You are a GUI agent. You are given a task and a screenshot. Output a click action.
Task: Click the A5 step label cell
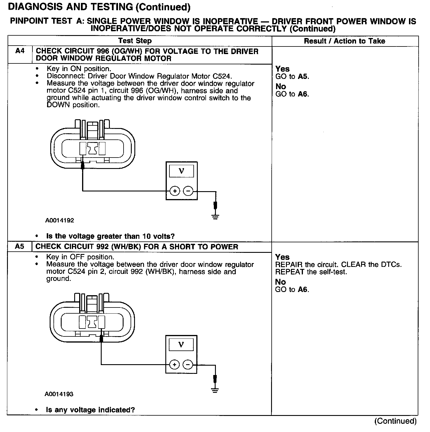pos(20,246)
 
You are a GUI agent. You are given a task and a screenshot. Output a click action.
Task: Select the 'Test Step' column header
pos(135,41)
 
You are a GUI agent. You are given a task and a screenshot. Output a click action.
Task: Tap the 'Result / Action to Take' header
pos(344,41)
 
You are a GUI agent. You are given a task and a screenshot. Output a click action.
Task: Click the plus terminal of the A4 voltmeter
pos(175,191)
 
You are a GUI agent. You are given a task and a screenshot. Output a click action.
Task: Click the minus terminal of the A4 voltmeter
pos(188,191)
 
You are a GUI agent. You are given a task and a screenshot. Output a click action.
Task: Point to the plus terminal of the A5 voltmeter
pos(174,365)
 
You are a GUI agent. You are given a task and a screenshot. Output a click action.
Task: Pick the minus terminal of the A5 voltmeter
pos(188,365)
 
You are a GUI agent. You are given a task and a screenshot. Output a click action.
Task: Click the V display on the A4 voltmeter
pos(181,171)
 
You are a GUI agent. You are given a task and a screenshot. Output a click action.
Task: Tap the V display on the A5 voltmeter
pos(181,345)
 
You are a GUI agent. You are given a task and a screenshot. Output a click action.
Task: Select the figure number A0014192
pos(60,220)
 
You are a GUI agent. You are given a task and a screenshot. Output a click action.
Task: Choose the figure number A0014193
pos(59,394)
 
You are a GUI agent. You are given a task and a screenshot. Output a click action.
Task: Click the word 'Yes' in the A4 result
pos(282,69)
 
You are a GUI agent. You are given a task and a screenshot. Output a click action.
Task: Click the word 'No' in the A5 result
pos(280,282)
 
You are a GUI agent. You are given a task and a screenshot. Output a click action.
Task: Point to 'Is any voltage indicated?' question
pos(90,410)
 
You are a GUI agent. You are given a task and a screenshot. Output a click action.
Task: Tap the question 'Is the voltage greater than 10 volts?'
pos(110,236)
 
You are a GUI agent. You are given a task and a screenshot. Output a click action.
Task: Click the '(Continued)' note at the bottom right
pos(395,421)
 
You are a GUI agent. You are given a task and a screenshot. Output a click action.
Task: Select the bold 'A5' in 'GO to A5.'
pos(303,77)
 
